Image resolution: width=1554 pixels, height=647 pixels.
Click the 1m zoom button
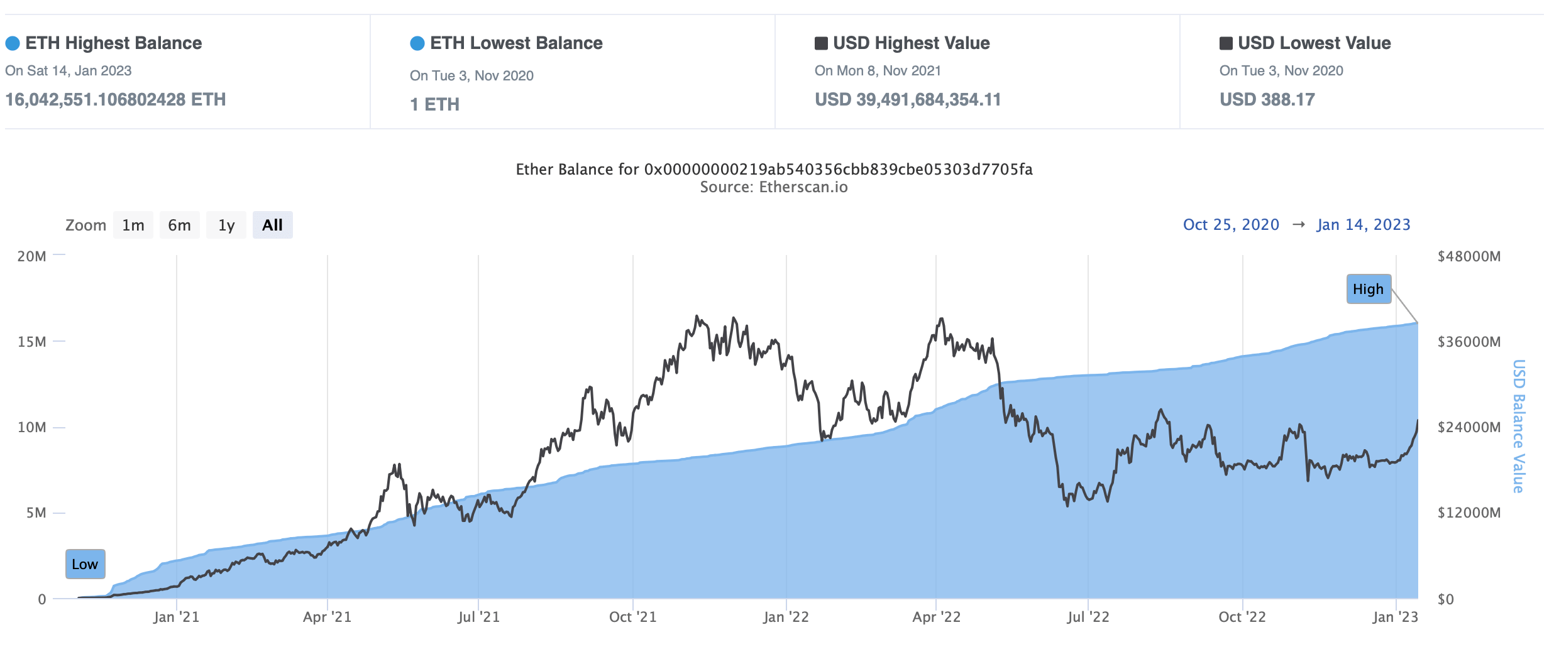pos(133,225)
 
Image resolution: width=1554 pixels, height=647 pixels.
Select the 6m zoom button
pos(179,225)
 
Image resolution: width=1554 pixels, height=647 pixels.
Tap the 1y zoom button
pos(226,225)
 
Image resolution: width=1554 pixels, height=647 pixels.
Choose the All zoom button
pos(272,225)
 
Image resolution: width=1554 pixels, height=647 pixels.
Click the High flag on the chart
pos(1368,289)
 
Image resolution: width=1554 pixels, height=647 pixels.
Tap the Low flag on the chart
pos(85,564)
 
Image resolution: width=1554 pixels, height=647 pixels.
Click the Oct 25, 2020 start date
pos(1231,225)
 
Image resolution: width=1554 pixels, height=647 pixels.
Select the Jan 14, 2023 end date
pos(1364,225)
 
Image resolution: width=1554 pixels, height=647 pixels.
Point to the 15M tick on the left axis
pos(32,342)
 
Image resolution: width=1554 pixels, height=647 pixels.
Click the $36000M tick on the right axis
pos(1469,342)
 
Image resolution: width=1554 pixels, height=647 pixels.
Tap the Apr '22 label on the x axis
pos(936,617)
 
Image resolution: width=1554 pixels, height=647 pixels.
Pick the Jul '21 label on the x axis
pos(478,617)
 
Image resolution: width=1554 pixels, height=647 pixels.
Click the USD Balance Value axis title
pos(1518,426)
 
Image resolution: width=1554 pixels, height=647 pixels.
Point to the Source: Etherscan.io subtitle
pos(774,187)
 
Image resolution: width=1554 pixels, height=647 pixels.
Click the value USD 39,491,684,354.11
pos(908,99)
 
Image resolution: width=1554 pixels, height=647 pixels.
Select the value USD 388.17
pos(1267,99)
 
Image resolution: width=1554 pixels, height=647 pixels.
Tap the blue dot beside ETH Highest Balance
pos(13,43)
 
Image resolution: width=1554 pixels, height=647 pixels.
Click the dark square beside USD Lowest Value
pos(1226,43)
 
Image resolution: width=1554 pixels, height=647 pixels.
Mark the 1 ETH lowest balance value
pos(434,104)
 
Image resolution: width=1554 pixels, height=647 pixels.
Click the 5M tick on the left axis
pos(36,513)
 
